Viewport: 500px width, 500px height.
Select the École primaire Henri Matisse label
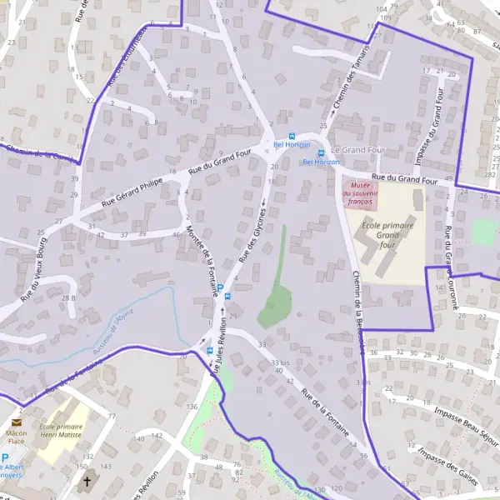(x=62, y=430)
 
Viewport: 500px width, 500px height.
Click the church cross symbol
(x=87, y=481)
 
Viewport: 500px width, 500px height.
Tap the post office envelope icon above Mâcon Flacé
(x=16, y=422)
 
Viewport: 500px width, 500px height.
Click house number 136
(x=192, y=406)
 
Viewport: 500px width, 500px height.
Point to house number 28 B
(x=68, y=297)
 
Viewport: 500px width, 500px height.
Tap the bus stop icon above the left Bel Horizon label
(x=291, y=136)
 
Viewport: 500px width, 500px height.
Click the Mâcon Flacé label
(x=16, y=438)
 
